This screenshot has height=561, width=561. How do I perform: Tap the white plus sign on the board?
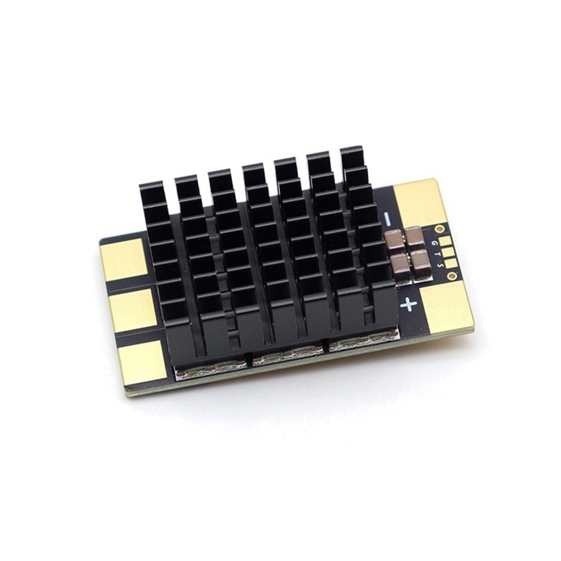tap(409, 304)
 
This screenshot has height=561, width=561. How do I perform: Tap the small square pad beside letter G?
tap(445, 240)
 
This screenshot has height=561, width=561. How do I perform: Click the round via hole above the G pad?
tap(439, 229)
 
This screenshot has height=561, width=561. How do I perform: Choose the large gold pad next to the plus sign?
tap(446, 305)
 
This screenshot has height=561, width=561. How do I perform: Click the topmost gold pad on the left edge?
tap(123, 259)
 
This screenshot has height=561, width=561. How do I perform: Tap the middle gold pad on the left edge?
tap(133, 310)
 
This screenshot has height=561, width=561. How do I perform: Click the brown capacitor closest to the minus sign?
tap(394, 238)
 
